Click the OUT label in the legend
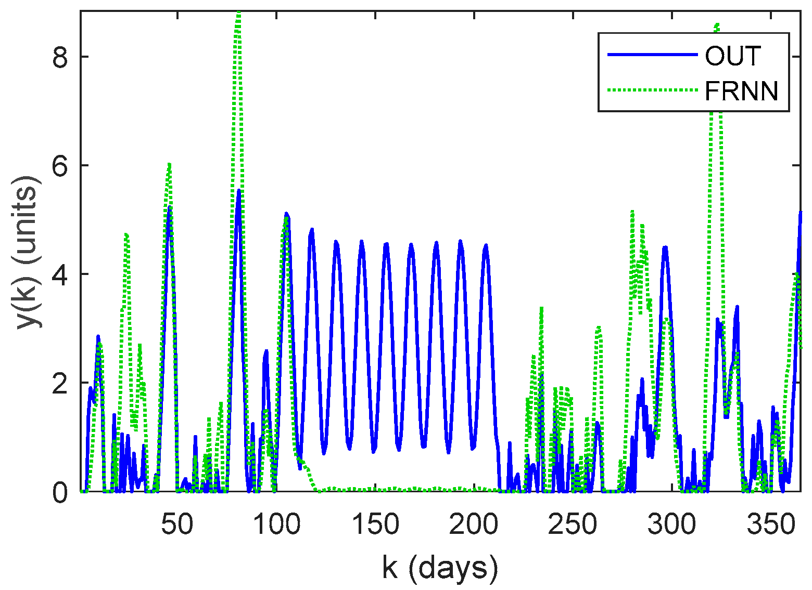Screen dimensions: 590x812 click(x=733, y=56)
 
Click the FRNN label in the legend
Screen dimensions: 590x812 click(x=741, y=91)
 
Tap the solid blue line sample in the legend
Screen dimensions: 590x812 click(x=653, y=55)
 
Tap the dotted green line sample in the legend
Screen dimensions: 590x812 click(x=653, y=90)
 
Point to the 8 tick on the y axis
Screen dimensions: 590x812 click(x=61, y=57)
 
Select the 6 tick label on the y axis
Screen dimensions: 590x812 click(x=61, y=165)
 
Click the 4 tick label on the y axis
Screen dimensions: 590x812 click(x=61, y=274)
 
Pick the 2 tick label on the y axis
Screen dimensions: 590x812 click(x=61, y=383)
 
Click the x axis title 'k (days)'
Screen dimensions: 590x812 click(x=440, y=568)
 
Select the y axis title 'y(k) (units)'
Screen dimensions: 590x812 click(x=27, y=251)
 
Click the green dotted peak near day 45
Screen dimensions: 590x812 click(x=169, y=164)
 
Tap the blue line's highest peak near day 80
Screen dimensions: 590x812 click(x=238, y=190)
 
